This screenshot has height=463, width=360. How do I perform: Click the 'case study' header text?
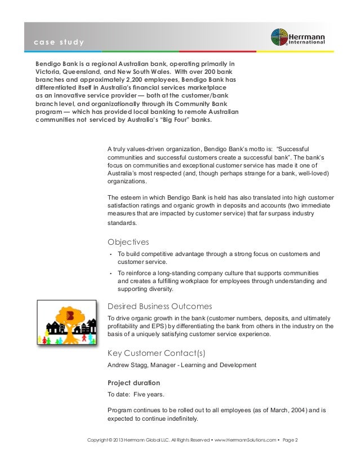coord(59,43)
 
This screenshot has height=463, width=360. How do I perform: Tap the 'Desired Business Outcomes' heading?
coord(159,306)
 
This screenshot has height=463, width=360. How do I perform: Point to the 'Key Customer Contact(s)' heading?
coord(156,354)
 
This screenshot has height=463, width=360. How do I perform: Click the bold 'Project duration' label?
coord(134,382)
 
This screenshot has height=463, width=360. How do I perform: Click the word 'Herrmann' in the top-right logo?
coord(311,33)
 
